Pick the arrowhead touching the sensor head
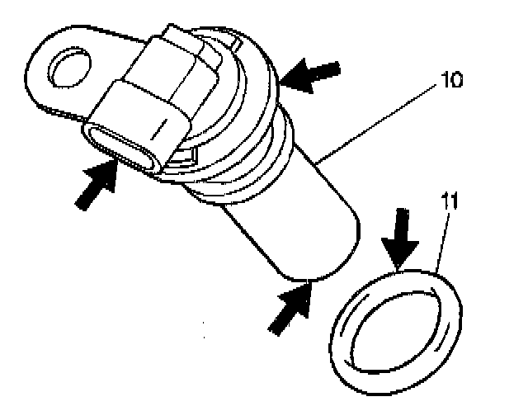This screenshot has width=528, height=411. (289, 78)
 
